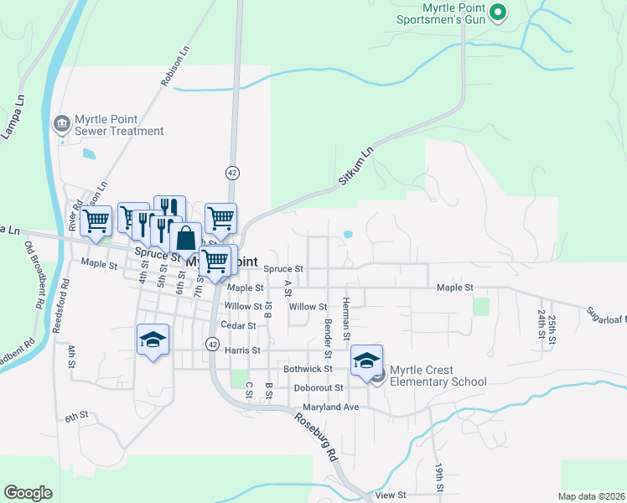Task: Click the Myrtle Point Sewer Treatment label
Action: point(119,125)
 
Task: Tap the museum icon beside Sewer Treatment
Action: point(61,125)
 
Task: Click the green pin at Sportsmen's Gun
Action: point(497,13)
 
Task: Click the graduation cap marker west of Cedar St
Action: point(153,340)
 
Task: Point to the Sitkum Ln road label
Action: point(355,167)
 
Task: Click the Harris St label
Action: point(243,350)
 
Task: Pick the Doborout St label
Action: point(319,388)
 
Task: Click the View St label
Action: point(391,495)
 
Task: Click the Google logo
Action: point(28,493)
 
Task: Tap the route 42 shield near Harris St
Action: point(212,344)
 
